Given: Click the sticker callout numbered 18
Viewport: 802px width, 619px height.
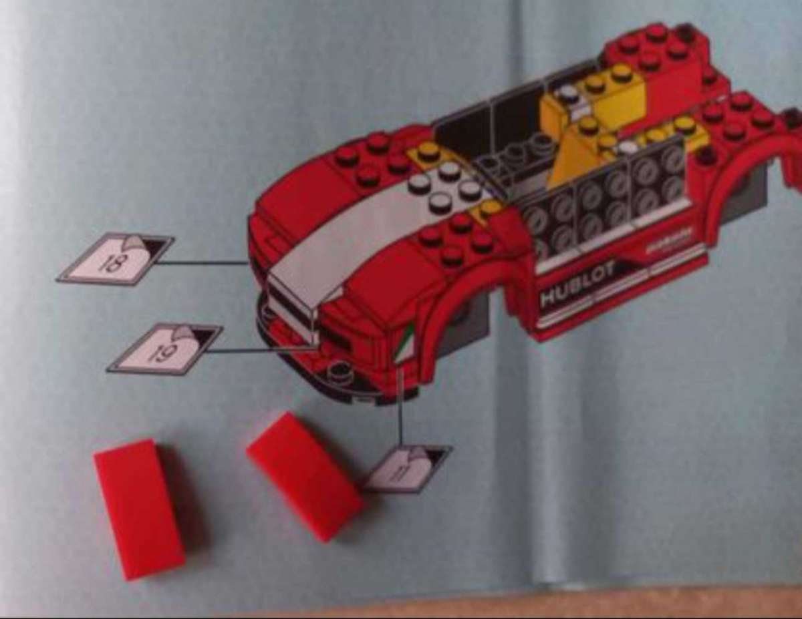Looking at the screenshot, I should [x=115, y=258].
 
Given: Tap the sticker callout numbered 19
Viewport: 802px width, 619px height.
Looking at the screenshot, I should [x=164, y=348].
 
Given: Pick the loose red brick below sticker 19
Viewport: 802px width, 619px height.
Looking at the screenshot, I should [x=139, y=507].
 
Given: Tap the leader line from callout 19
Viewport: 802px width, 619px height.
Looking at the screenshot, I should [x=261, y=349].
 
